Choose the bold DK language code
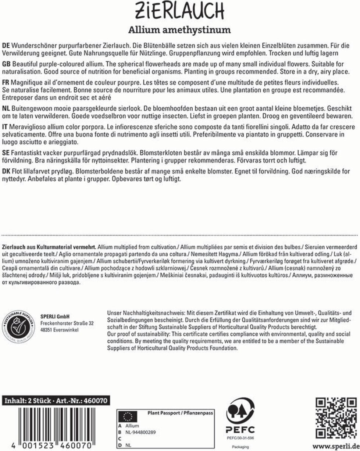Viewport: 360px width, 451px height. tap(6, 171)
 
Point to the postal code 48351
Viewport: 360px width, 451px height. tap(46, 330)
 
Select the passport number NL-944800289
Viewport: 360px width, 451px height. tap(140, 432)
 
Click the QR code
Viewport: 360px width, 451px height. tap(336, 416)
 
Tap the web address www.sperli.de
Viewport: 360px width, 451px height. tap(336, 445)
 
